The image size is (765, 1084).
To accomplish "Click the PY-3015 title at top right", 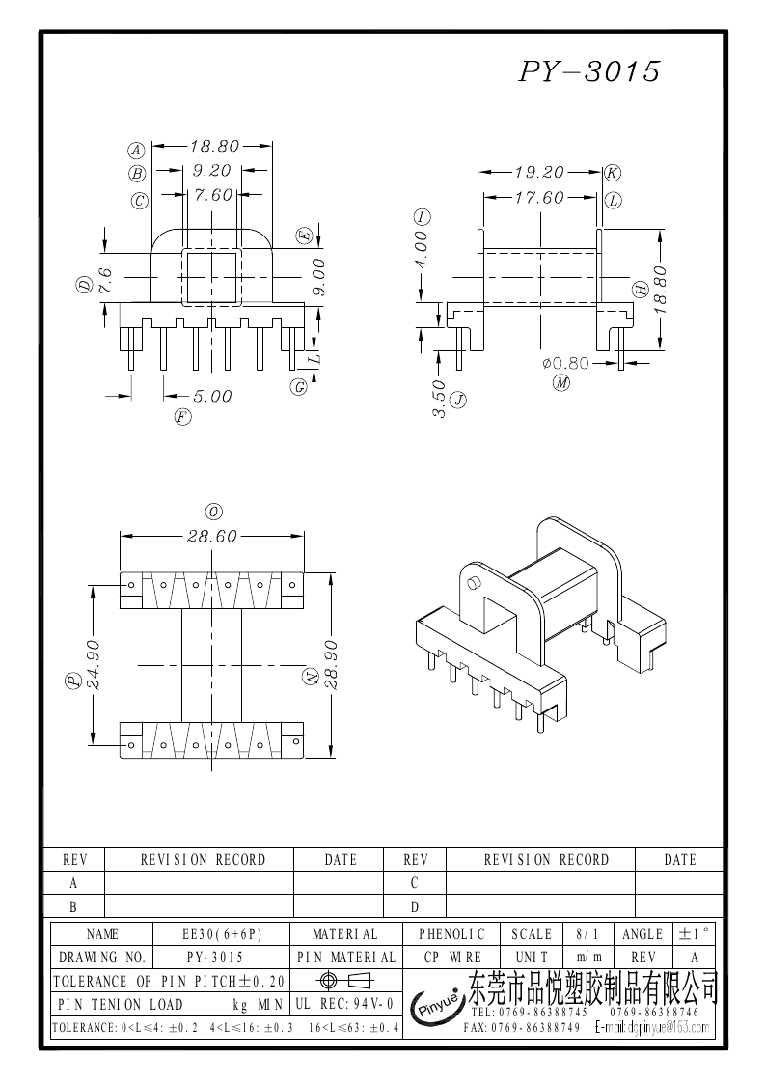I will click(589, 71).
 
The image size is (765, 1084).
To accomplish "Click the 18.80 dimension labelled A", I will click(213, 147).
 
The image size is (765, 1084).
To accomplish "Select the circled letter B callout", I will click(137, 174).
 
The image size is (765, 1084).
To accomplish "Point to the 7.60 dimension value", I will click(213, 195).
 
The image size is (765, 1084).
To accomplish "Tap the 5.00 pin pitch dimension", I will click(212, 396).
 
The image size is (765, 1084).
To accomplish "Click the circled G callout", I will click(300, 387).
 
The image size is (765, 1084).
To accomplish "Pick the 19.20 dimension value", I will click(538, 173).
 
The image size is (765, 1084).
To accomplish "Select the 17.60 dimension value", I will click(538, 198).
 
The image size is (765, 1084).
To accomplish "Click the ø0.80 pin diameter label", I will click(566, 364).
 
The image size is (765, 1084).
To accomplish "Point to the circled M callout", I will click(561, 384).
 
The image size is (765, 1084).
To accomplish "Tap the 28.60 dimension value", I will click(212, 537).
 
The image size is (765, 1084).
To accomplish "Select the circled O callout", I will click(213, 511).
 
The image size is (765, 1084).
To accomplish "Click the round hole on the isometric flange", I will click(474, 583).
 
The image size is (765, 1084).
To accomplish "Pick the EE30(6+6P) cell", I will click(222, 934).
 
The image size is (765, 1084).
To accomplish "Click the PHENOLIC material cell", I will click(452, 934).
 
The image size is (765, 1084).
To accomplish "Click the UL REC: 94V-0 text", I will click(343, 1005).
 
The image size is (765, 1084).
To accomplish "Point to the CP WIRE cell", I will click(452, 958).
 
